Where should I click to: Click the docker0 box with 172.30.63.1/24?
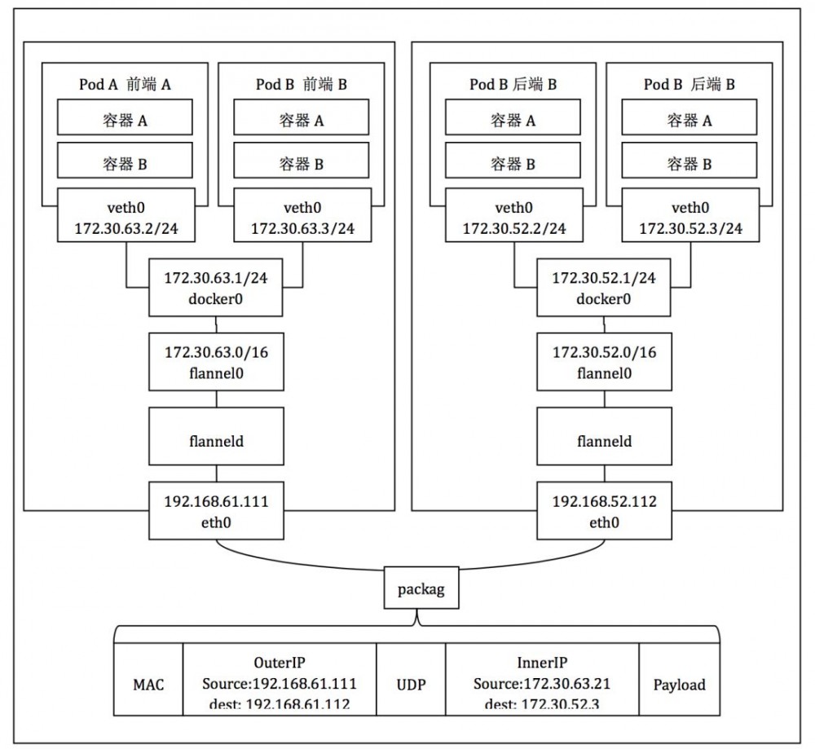click(215, 289)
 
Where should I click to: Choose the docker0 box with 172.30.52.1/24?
click(604, 289)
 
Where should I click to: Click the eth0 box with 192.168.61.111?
click(215, 510)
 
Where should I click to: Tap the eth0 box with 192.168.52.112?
click(604, 510)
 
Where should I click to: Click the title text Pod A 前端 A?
click(125, 83)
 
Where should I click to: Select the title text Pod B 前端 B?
click(302, 83)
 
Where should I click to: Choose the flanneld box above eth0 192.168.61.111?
click(215, 441)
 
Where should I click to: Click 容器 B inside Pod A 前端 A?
click(125, 163)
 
